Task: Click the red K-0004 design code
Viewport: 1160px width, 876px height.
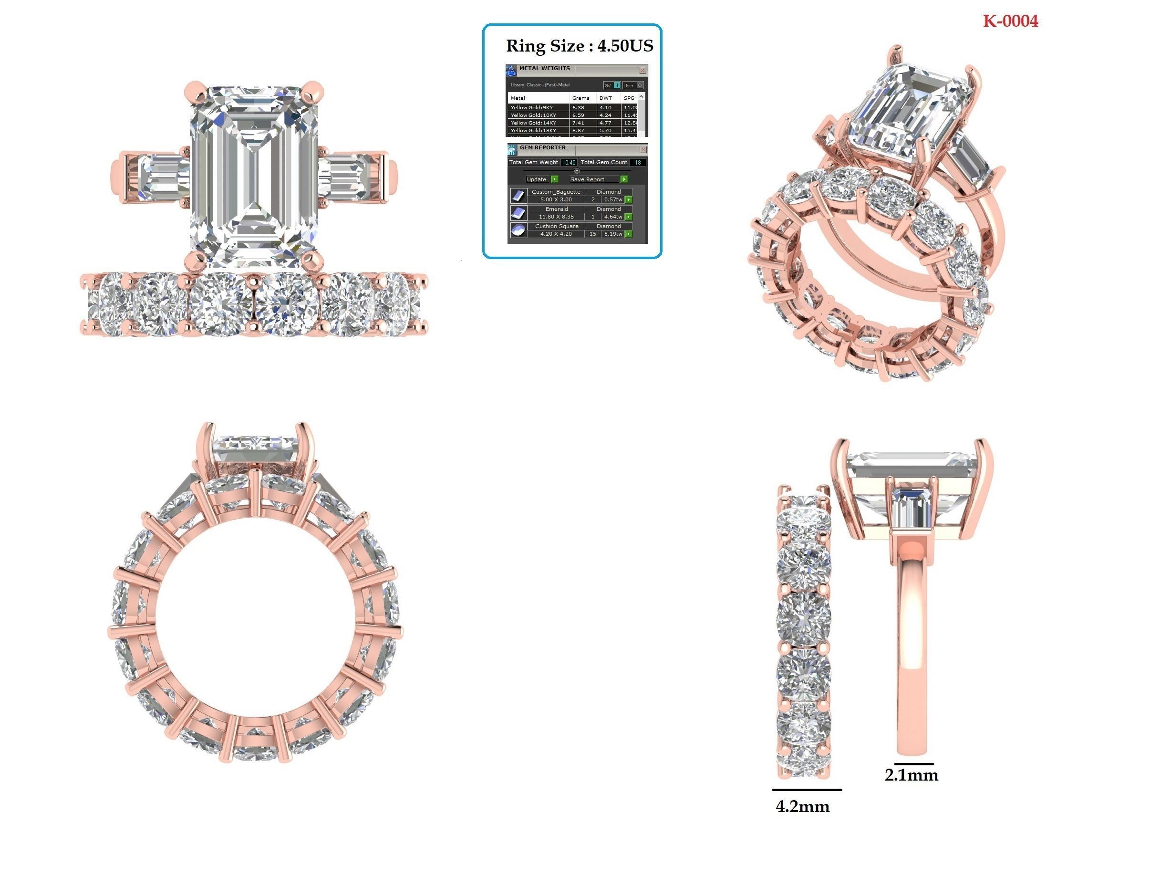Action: tap(1010, 21)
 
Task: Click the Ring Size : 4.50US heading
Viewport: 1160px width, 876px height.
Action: tap(579, 46)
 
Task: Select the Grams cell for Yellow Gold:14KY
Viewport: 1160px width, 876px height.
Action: tap(578, 123)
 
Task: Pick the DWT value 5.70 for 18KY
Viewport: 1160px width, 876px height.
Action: tap(605, 130)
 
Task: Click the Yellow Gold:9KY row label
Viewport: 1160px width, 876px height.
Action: tap(532, 107)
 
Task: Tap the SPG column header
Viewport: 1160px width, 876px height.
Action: tap(629, 98)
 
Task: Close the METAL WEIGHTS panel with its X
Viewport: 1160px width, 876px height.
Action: tap(642, 70)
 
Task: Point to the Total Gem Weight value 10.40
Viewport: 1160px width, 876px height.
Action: tap(568, 163)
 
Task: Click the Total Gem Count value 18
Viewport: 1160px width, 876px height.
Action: tap(638, 163)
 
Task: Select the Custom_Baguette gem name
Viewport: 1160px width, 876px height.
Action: tap(556, 192)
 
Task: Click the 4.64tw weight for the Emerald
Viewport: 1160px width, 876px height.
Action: tap(612, 217)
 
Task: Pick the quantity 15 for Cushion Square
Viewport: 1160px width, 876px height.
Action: tap(592, 234)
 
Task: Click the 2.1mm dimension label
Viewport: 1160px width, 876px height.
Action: tap(911, 775)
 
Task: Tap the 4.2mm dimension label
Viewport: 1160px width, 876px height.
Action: tap(802, 807)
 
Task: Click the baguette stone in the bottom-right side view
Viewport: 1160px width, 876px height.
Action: tap(911, 508)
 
